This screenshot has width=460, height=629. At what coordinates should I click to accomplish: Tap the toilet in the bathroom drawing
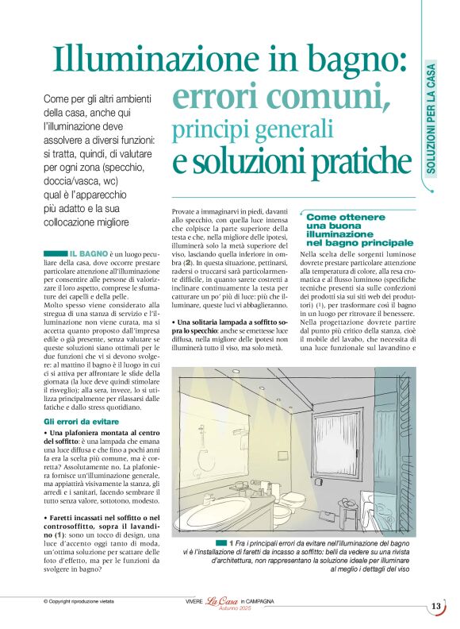pyautogui.click(x=293, y=500)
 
